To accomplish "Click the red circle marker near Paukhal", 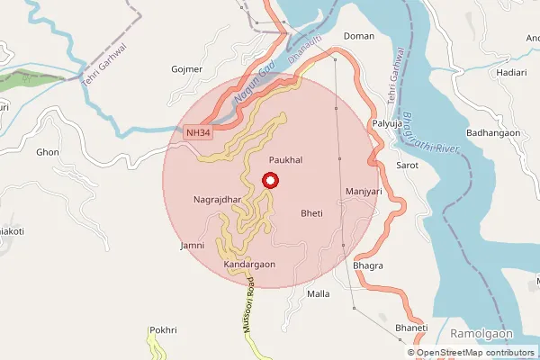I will coord(268,181).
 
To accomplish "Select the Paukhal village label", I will coord(284,159).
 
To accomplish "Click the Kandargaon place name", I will coord(249,265).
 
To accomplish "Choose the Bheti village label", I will coord(311,214).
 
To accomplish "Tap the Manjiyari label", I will coord(364,193).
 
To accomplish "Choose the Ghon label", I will coord(47,152).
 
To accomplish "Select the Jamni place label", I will coord(193,246).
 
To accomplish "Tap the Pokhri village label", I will coord(162,330).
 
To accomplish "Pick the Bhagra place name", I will coord(369,266).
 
